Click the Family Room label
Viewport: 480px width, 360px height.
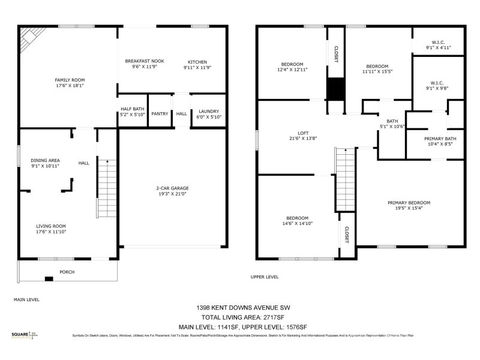pos(70,80)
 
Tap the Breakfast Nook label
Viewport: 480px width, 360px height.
pos(145,62)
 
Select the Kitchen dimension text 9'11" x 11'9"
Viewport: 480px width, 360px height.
pos(197,68)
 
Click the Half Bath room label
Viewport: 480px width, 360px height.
pos(133,110)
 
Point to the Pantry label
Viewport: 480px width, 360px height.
pos(160,113)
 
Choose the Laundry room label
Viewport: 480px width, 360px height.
pos(209,111)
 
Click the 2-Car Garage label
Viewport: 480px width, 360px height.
pos(173,188)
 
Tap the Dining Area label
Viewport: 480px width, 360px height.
pos(46,160)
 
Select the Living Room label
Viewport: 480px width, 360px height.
pos(51,226)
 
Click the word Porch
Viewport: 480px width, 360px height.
pos(67,272)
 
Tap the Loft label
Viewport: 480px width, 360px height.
pos(303,134)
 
